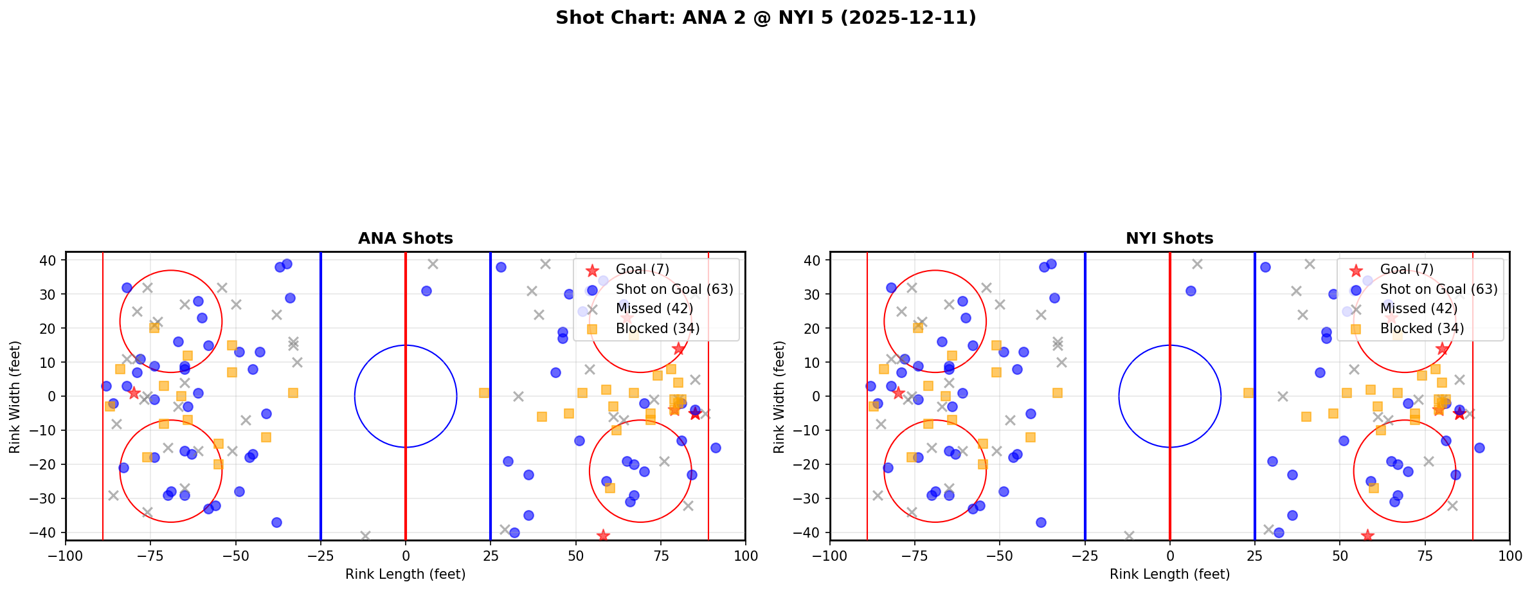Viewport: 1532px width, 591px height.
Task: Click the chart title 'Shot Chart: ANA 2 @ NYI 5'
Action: (x=766, y=18)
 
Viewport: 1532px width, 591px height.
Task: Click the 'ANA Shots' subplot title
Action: (x=405, y=239)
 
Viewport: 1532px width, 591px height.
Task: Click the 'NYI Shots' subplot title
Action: (x=1169, y=239)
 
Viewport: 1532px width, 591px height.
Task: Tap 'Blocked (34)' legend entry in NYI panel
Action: (x=1421, y=329)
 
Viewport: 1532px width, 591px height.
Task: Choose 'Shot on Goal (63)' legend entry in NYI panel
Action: (x=1439, y=289)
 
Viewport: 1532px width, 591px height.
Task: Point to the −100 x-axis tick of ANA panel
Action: (x=66, y=556)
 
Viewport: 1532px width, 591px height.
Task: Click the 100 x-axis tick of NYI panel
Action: (x=1509, y=556)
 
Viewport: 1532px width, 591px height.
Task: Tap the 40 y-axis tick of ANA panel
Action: (x=51, y=260)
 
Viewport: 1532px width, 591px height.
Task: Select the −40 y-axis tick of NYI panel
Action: (x=811, y=532)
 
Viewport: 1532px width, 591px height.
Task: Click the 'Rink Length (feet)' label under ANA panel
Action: (x=405, y=574)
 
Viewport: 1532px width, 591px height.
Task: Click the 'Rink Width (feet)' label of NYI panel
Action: (x=779, y=397)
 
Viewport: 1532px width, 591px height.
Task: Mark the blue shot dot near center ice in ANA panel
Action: (x=426, y=291)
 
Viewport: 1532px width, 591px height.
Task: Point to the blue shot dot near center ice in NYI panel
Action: (x=1191, y=291)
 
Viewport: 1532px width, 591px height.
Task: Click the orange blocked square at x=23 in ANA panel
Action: (x=484, y=393)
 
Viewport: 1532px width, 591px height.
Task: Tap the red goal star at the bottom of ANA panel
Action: (x=603, y=535)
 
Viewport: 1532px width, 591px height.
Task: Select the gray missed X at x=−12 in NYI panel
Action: (x=1129, y=536)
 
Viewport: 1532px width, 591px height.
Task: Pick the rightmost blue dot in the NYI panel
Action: (x=1479, y=448)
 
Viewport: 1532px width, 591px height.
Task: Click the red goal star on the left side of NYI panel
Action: (x=898, y=393)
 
